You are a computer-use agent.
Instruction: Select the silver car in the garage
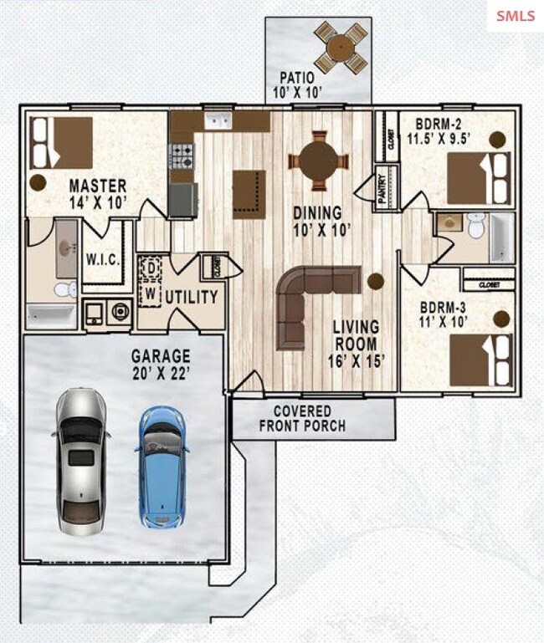(x=81, y=462)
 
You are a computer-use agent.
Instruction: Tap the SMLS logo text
(x=516, y=16)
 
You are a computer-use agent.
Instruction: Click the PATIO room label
(x=297, y=78)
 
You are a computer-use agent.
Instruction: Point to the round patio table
(x=341, y=48)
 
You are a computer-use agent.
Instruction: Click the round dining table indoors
(x=319, y=161)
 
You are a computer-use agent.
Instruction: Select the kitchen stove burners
(x=182, y=156)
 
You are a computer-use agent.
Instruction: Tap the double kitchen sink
(x=218, y=120)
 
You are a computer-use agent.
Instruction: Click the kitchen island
(x=249, y=195)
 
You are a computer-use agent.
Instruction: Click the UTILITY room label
(x=192, y=298)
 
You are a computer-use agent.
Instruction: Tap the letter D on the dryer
(x=151, y=268)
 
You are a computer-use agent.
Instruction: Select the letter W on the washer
(x=151, y=293)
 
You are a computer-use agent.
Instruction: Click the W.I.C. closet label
(x=103, y=259)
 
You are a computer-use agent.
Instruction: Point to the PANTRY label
(x=382, y=189)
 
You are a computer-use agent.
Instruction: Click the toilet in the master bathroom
(x=65, y=288)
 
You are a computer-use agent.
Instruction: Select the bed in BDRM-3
(x=480, y=360)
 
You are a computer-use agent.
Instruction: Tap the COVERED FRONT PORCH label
(x=302, y=418)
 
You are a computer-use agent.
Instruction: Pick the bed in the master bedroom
(x=62, y=143)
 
